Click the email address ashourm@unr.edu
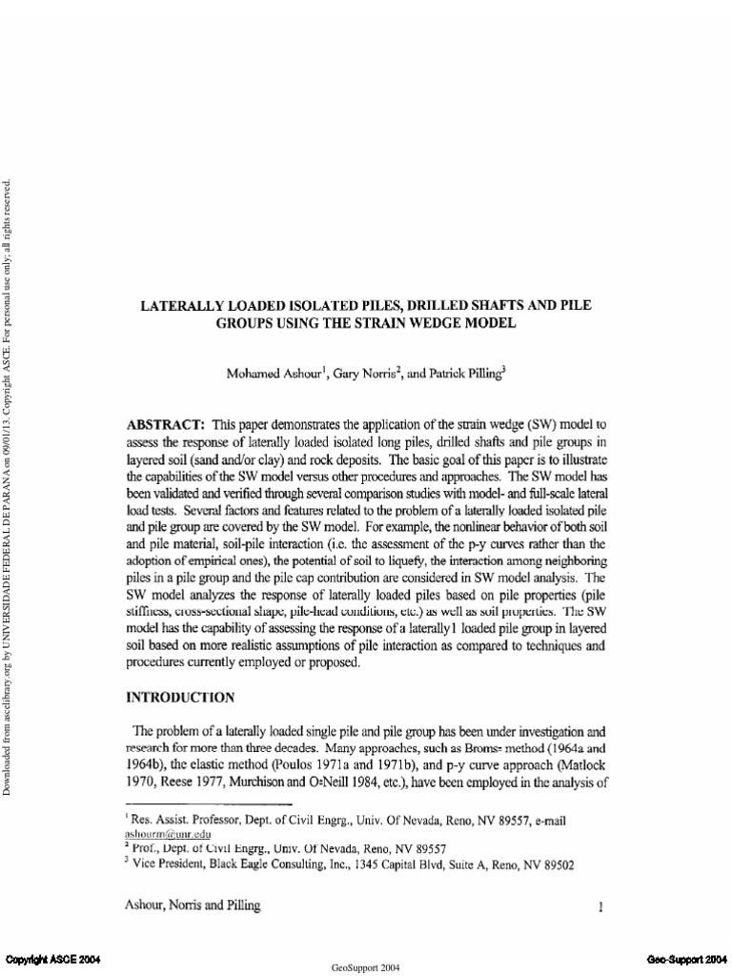(x=170, y=832)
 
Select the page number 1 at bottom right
(x=600, y=908)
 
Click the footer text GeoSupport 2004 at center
(x=366, y=966)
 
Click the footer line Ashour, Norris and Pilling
(x=193, y=906)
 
